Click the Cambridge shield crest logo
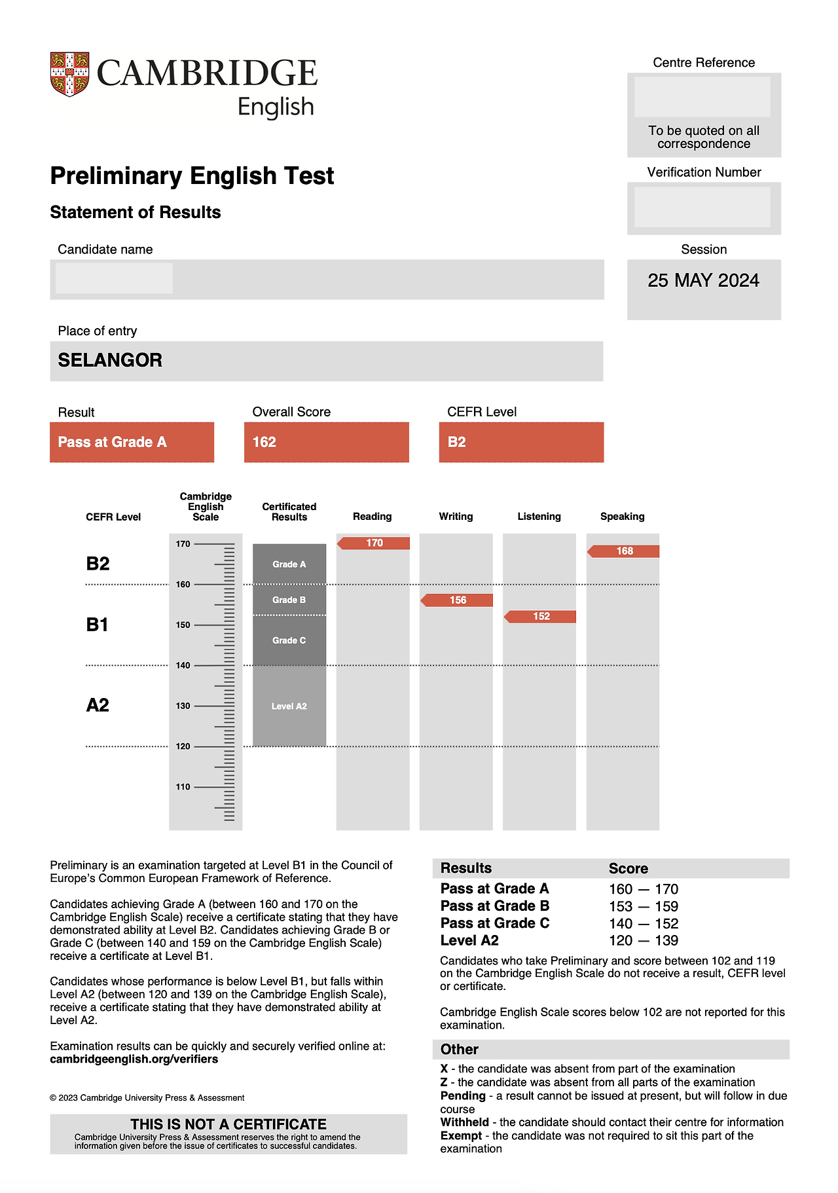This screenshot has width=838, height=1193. tap(69, 74)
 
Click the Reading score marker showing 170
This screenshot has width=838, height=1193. tap(374, 543)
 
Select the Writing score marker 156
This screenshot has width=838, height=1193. tap(457, 600)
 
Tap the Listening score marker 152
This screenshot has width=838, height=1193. tap(541, 616)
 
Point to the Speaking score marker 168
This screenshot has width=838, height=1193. tap(624, 551)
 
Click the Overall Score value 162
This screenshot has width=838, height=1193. tap(264, 442)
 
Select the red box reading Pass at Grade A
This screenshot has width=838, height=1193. tap(132, 442)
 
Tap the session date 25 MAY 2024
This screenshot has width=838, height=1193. tap(703, 281)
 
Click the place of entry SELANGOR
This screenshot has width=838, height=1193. tap(110, 360)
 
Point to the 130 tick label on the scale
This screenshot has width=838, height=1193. tap(183, 706)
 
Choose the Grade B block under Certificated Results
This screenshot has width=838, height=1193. tap(289, 600)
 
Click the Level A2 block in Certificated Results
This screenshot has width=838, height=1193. tap(289, 706)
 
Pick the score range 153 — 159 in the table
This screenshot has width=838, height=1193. tap(643, 906)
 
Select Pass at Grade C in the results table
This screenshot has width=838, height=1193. tap(494, 923)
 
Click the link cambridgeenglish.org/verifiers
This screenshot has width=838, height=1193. tap(134, 1059)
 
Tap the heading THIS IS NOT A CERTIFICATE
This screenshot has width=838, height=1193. tap(228, 1124)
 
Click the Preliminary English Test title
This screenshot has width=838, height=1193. tap(192, 176)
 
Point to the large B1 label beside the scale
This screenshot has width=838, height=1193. tap(98, 625)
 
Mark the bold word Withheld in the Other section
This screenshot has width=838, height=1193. tap(464, 1122)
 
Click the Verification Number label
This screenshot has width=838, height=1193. tap(704, 172)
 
